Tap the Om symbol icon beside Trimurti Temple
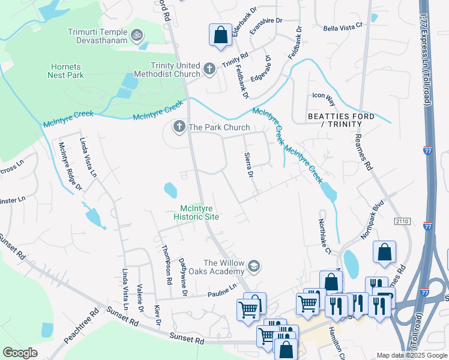[x=137, y=35]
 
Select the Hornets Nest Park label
[x=66, y=71]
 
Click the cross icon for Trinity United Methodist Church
[x=209, y=69]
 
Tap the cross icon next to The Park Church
[x=179, y=127]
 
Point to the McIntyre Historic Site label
[x=196, y=212]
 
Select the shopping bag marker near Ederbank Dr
[x=220, y=35]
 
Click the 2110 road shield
[x=402, y=221]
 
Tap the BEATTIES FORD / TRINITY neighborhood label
[x=341, y=120]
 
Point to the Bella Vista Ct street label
[x=343, y=26]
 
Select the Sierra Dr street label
[x=249, y=165]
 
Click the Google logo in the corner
[x=20, y=352]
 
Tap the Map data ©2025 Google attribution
[x=412, y=355]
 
